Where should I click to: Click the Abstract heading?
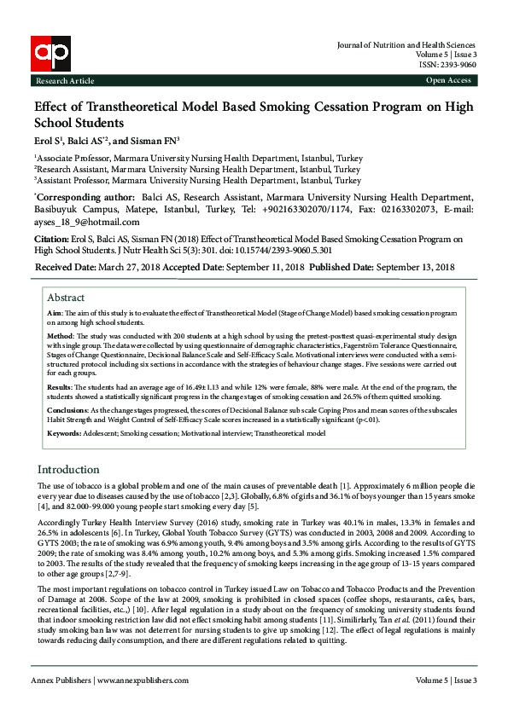[66, 298]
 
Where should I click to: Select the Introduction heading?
[68, 470]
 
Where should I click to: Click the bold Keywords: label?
[66, 433]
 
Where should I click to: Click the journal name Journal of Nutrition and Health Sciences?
[406, 45]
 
